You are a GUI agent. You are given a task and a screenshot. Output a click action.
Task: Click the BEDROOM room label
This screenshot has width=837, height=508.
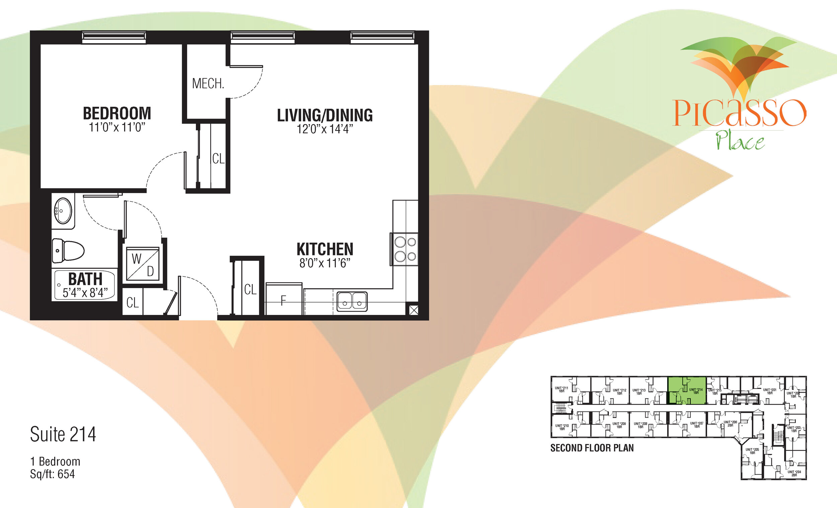click(x=117, y=113)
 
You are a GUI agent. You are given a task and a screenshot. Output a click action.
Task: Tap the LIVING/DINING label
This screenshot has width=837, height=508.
click(x=325, y=115)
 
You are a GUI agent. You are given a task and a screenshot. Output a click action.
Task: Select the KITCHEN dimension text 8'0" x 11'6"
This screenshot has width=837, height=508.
click(x=325, y=263)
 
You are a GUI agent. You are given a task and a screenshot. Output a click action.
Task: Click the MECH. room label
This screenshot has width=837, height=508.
click(x=208, y=84)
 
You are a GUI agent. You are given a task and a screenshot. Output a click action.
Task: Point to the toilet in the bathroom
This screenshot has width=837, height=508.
click(x=68, y=251)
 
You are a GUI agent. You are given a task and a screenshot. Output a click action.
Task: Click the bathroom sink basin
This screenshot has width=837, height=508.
click(x=63, y=211)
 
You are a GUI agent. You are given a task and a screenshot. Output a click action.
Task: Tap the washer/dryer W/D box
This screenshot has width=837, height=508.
click(x=143, y=264)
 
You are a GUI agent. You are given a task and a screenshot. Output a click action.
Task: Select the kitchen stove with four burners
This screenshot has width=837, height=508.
click(x=405, y=249)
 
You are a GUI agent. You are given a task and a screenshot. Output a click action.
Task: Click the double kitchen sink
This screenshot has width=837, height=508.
click(x=352, y=301)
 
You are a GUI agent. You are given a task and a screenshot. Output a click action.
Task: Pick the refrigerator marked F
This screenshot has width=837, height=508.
click(x=283, y=300)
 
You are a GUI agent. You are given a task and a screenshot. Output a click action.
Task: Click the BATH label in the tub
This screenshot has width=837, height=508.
click(x=85, y=279)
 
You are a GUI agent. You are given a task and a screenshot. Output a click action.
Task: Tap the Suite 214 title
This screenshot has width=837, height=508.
click(x=63, y=434)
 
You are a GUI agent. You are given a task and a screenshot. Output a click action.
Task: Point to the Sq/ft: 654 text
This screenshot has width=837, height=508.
click(x=52, y=474)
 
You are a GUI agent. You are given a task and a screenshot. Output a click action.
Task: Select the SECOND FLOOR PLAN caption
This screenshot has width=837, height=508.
click(x=592, y=448)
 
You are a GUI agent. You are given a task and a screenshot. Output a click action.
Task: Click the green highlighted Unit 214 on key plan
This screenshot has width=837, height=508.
click(x=687, y=390)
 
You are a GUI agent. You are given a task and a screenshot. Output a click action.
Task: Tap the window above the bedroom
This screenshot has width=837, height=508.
click(x=114, y=37)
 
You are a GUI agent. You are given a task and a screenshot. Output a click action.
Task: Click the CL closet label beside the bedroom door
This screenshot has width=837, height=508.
click(x=218, y=159)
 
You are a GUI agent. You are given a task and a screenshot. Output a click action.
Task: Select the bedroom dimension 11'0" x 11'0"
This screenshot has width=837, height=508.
click(x=117, y=128)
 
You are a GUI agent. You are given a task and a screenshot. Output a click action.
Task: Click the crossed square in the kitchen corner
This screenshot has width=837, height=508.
click(x=413, y=310)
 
